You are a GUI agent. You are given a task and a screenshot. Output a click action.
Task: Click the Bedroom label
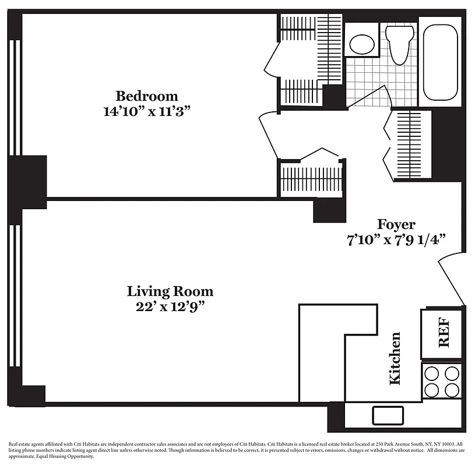pyautogui.click(x=146, y=96)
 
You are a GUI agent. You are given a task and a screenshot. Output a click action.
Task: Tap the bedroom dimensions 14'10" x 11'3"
pyautogui.click(x=146, y=111)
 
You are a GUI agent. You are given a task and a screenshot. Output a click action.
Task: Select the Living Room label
pyautogui.click(x=170, y=291)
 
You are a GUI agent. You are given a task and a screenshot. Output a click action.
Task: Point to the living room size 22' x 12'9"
pyautogui.click(x=170, y=306)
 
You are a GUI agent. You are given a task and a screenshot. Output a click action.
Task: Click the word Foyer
pyautogui.click(x=396, y=224)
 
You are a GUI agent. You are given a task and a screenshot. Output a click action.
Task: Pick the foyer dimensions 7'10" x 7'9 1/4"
pyautogui.click(x=397, y=239)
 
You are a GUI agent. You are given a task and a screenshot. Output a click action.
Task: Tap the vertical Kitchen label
pyautogui.click(x=395, y=358)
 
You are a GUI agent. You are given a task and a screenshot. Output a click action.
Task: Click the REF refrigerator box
pyautogui.click(x=443, y=333)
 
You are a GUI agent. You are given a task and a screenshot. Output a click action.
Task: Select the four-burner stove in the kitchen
pyautogui.click(x=442, y=381)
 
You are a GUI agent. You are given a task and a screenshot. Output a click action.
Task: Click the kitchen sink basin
pyautogui.click(x=388, y=415)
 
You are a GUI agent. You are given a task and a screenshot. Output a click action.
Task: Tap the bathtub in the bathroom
pyautogui.click(x=441, y=60)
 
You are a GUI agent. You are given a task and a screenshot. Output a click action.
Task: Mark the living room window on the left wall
pyautogui.click(x=17, y=297)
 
